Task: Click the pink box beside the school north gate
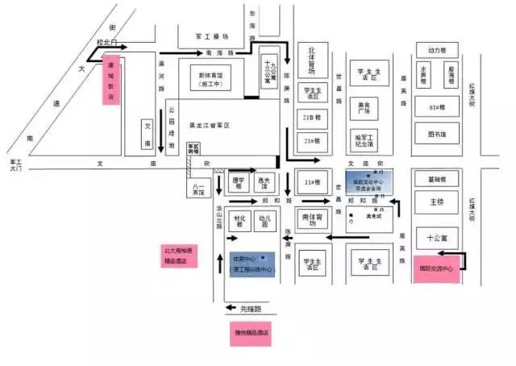(x=110, y=81)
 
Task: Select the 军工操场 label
(x=212, y=36)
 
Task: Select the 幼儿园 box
(x=264, y=221)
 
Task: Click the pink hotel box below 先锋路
(x=251, y=332)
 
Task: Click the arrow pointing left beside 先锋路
(x=232, y=307)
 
